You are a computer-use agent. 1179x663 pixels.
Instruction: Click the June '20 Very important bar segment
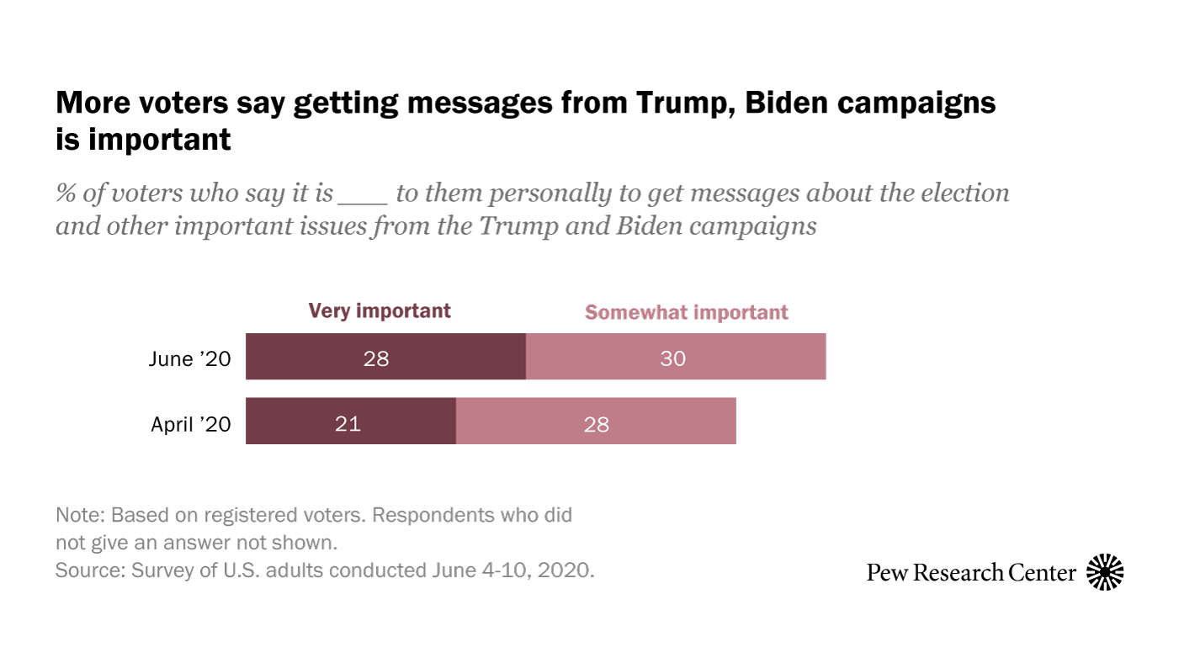click(385, 356)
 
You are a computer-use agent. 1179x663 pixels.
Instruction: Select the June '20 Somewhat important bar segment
click(676, 356)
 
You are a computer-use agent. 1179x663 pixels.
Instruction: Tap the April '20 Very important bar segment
click(350, 421)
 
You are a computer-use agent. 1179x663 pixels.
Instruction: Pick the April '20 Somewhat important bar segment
click(596, 421)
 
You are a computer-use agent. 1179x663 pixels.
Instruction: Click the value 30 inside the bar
click(673, 358)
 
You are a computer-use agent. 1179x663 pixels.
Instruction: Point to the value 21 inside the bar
click(348, 423)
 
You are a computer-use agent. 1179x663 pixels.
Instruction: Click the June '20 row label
click(189, 358)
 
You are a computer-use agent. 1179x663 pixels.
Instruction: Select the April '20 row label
click(190, 424)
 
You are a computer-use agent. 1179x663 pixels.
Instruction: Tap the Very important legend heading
click(380, 310)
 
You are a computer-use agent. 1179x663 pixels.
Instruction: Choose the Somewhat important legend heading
click(686, 312)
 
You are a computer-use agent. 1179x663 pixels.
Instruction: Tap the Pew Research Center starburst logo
click(1105, 573)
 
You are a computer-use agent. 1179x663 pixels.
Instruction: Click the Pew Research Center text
click(971, 573)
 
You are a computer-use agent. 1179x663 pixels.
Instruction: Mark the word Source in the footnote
click(88, 570)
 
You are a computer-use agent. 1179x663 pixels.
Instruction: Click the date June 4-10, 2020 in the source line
click(514, 570)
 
